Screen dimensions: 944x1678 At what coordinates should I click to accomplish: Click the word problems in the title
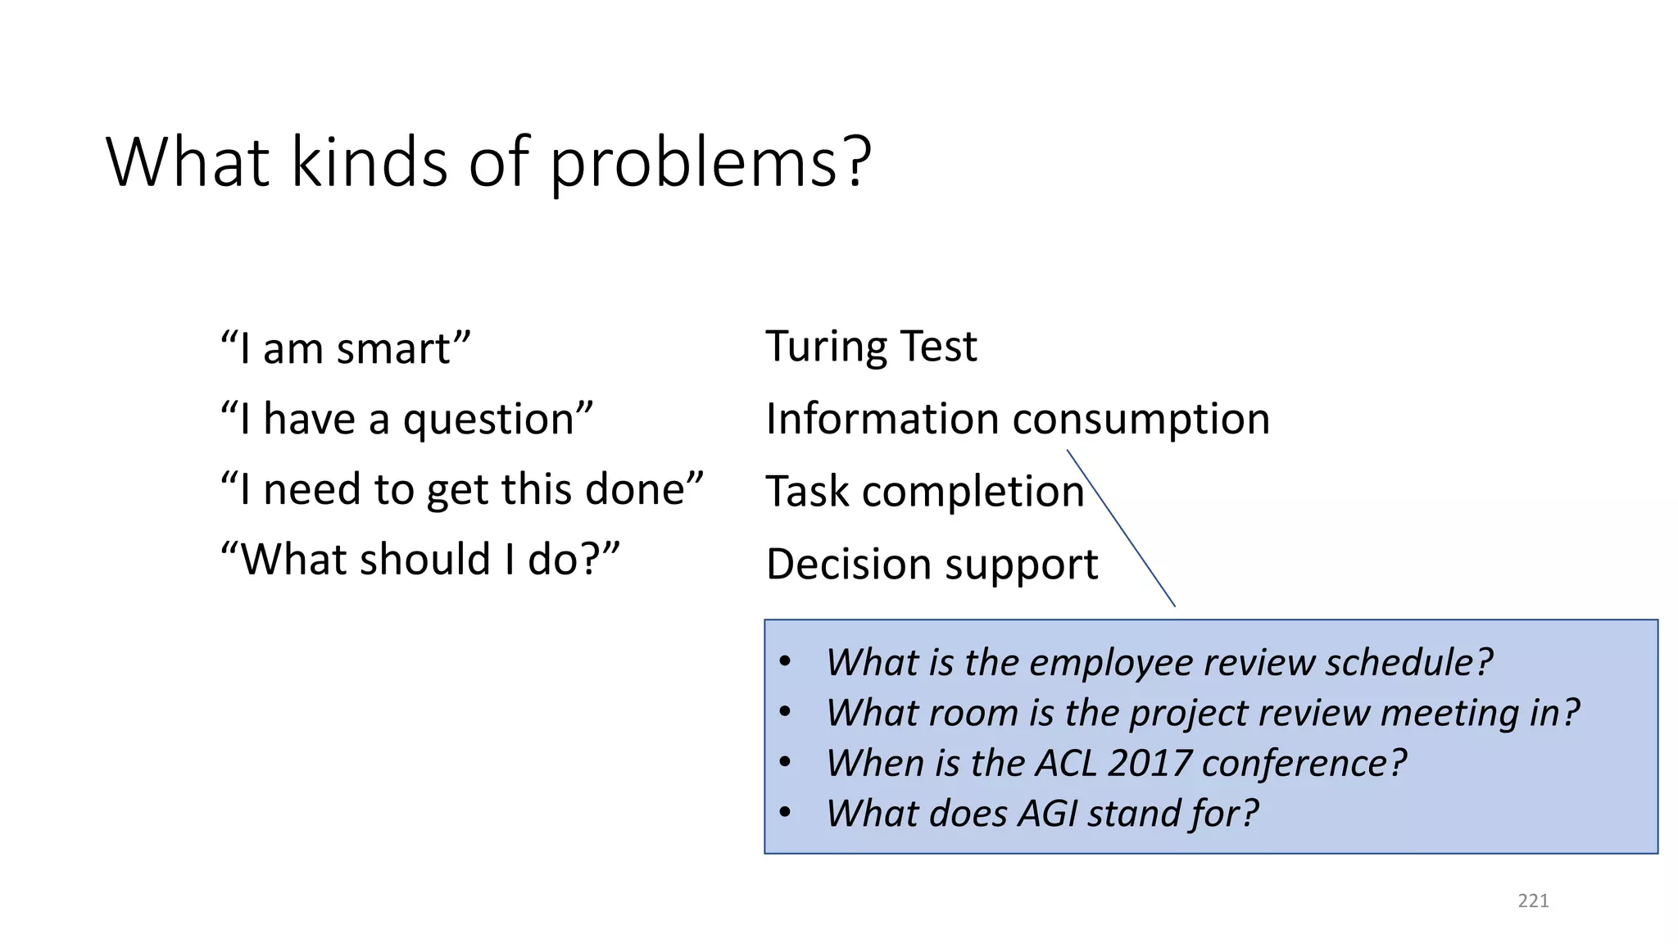[710, 164]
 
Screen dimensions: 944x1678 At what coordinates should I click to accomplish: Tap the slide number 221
[1533, 901]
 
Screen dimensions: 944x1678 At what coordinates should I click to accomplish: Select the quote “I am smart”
[346, 348]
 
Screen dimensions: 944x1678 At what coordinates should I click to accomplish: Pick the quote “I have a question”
[406, 419]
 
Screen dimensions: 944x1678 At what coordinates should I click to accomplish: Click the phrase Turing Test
[871, 346]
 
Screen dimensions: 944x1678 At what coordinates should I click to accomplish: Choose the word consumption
[1141, 419]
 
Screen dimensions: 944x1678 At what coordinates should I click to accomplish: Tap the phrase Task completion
[925, 492]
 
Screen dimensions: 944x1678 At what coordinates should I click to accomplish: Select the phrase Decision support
[932, 564]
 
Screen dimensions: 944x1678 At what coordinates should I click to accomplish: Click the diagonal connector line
[1121, 529]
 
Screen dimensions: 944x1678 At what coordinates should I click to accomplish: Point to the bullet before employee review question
[785, 661]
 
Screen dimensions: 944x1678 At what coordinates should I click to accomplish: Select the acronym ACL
[1065, 763]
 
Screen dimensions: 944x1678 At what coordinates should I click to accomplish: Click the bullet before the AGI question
[785, 813]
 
